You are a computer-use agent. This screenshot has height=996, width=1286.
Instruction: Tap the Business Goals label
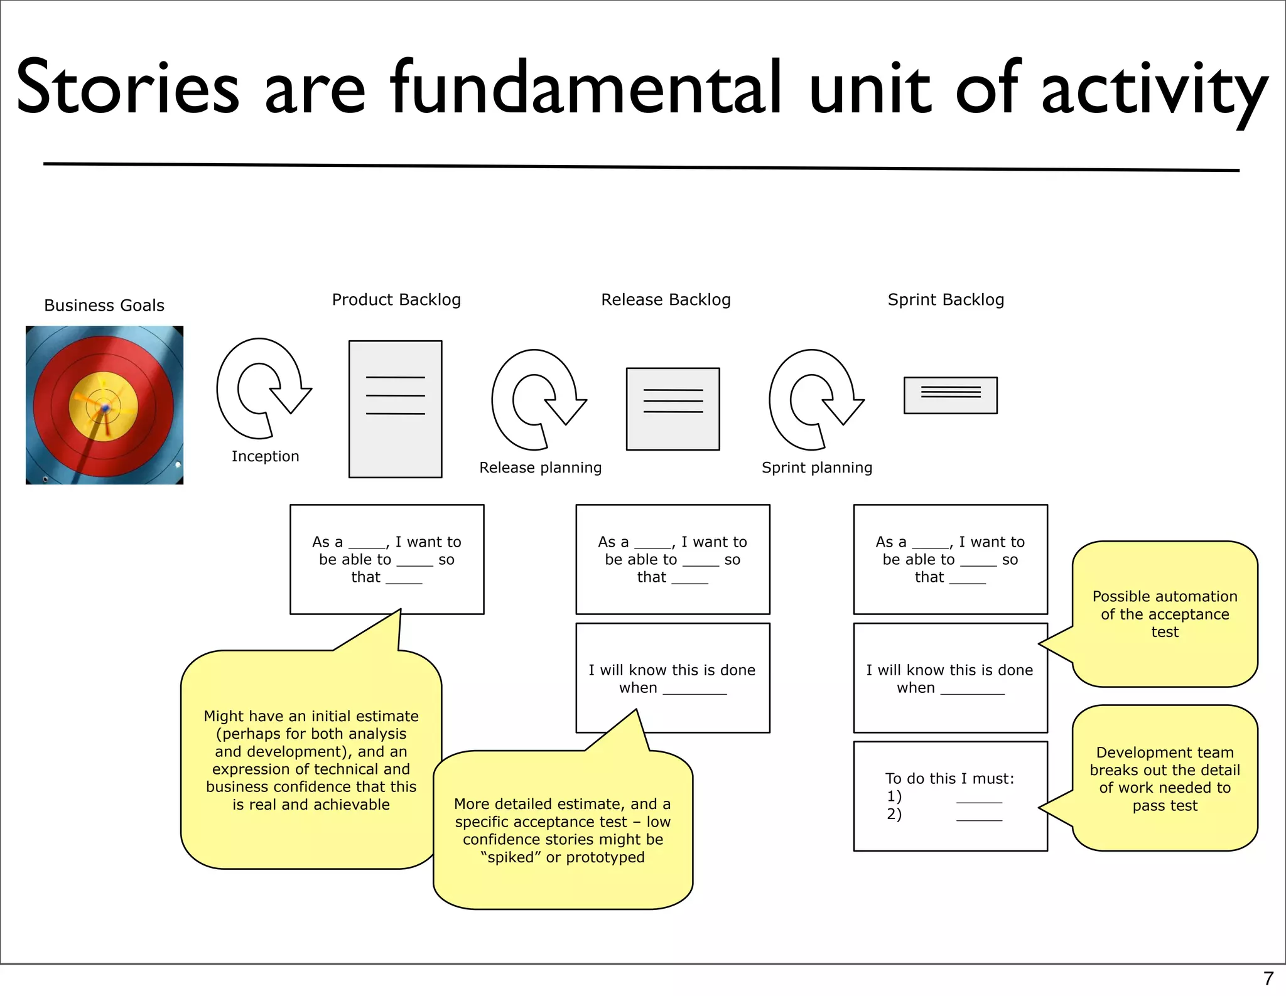pyautogui.click(x=104, y=306)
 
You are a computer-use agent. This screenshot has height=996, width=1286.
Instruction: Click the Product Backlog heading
pyautogui.click(x=396, y=300)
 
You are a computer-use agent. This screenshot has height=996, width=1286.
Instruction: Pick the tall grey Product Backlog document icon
pyautogui.click(x=395, y=409)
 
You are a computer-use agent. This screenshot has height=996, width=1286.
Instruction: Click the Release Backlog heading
pyautogui.click(x=666, y=300)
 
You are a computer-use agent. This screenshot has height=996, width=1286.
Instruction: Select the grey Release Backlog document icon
pyautogui.click(x=673, y=409)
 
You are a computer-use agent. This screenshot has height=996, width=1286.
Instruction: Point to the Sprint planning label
pyautogui.click(x=816, y=468)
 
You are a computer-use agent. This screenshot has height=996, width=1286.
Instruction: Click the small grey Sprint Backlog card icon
pyautogui.click(x=950, y=395)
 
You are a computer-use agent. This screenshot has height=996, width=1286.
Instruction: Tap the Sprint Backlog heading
pyautogui.click(x=946, y=300)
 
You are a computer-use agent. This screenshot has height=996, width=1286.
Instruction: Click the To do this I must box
pyautogui.click(x=950, y=796)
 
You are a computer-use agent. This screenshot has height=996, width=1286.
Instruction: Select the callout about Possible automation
pyautogui.click(x=1165, y=614)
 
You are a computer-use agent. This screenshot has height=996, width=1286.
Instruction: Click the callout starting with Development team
pyautogui.click(x=1165, y=778)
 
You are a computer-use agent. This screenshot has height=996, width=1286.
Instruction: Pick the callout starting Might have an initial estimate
pyautogui.click(x=311, y=760)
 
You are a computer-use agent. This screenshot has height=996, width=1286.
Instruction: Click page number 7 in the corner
pyautogui.click(x=1268, y=978)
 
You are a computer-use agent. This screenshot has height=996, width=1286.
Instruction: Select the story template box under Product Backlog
pyautogui.click(x=387, y=559)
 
